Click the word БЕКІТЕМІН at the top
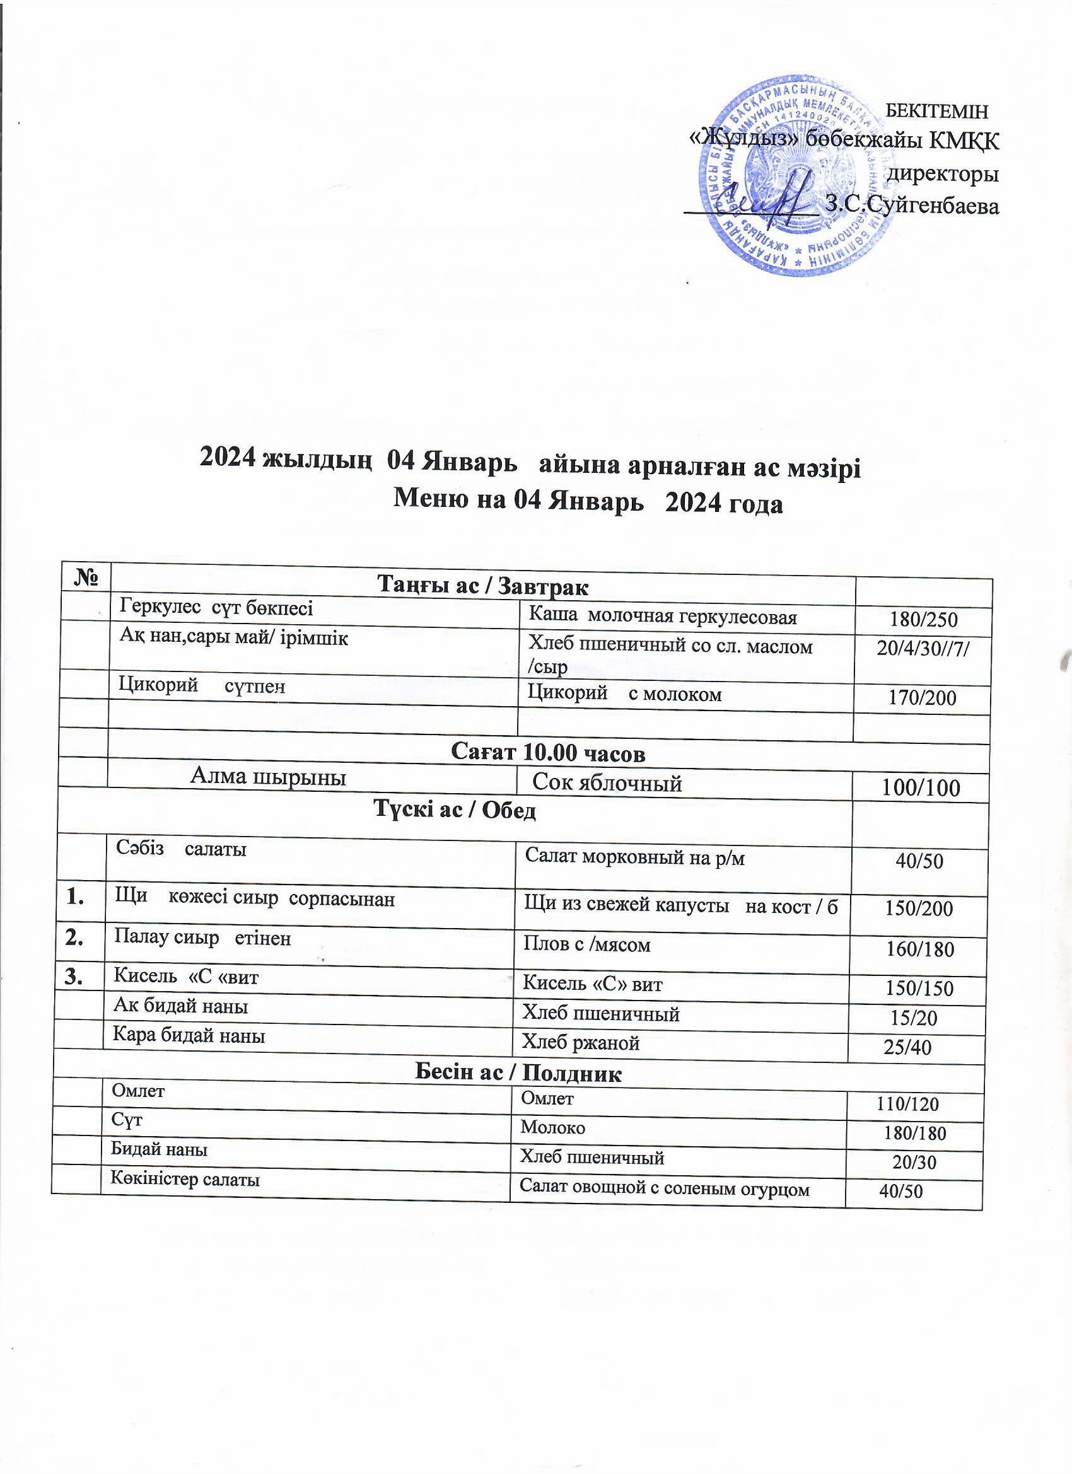(937, 111)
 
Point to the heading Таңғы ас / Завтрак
(483, 586)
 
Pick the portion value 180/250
(923, 618)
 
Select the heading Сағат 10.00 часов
(548, 753)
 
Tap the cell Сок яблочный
(607, 783)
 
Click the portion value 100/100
(920, 787)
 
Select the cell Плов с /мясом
(587, 944)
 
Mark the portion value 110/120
(907, 1103)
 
